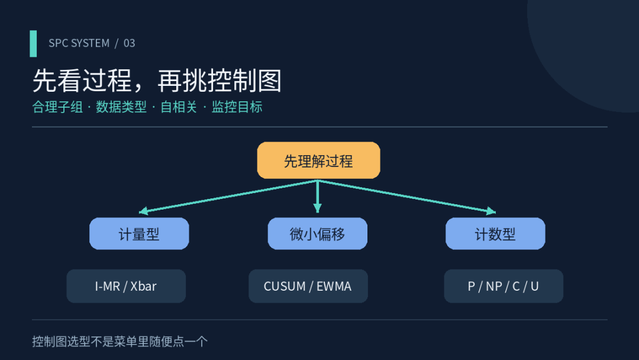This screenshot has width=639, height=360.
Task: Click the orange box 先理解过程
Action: point(318,160)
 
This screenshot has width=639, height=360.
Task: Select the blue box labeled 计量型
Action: point(139,234)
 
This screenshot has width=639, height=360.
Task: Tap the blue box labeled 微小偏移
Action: point(318,234)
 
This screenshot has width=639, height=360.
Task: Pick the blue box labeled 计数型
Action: point(495,234)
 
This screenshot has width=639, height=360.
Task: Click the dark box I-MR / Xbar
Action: point(126,286)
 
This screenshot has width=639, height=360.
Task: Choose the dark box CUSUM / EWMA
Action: point(308,286)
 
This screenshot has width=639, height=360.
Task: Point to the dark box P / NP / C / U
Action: point(504,286)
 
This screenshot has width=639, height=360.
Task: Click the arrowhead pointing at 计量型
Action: point(143,211)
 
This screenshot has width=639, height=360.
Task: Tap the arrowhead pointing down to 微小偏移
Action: point(318,209)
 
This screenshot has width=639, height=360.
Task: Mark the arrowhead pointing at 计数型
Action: point(492,211)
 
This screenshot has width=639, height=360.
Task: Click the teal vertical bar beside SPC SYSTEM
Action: point(33,44)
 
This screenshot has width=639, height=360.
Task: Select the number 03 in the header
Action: point(129,43)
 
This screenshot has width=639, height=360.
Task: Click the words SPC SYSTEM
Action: point(79,43)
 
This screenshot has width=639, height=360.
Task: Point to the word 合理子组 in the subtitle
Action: point(57,107)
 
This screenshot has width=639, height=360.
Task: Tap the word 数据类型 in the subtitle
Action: point(121,107)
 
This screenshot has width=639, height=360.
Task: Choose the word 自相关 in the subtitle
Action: point(179,107)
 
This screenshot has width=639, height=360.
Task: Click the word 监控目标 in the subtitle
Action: point(237,107)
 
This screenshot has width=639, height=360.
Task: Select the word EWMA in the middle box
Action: point(334,286)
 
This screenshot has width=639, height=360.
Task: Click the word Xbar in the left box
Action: point(143,286)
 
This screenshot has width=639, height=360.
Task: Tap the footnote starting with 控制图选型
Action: point(120,341)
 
